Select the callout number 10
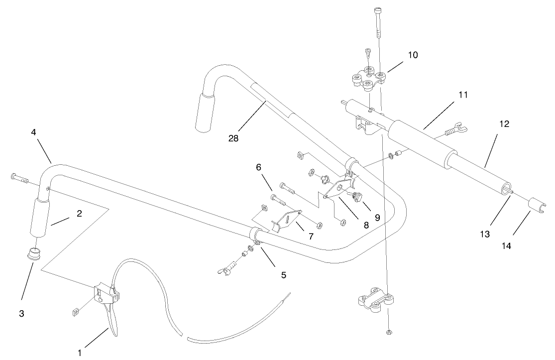click(x=413, y=55)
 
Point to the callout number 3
click(x=21, y=314)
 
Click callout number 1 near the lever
click(x=80, y=353)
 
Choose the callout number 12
click(x=504, y=124)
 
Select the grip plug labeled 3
click(x=34, y=252)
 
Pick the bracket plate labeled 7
click(x=288, y=220)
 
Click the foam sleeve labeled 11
click(x=423, y=143)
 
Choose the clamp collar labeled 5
click(x=254, y=235)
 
